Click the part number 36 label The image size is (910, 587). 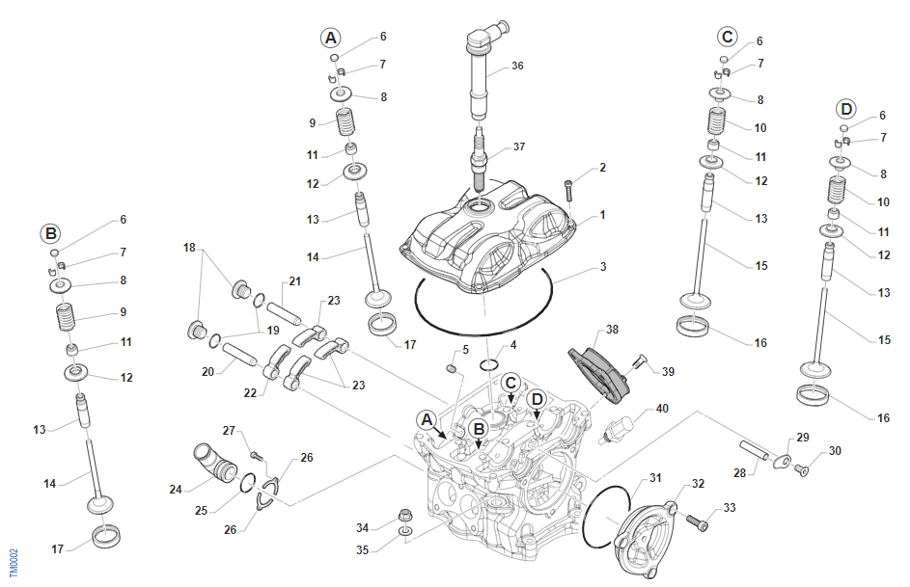pyautogui.click(x=518, y=67)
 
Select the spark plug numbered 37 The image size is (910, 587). pyautogui.click(x=478, y=154)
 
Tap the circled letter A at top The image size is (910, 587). pyautogui.click(x=331, y=38)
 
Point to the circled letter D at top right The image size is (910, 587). pyautogui.click(x=846, y=108)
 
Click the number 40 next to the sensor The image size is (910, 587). pyautogui.click(x=662, y=409)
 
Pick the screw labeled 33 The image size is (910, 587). pyautogui.click(x=698, y=523)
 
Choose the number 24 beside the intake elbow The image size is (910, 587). pyautogui.click(x=176, y=490)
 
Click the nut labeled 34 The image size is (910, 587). pyautogui.click(x=405, y=514)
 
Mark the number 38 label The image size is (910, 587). pyautogui.click(x=612, y=329)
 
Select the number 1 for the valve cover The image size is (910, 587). pyautogui.click(x=602, y=215)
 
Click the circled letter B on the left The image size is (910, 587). pyautogui.click(x=50, y=233)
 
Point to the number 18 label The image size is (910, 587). pyautogui.click(x=190, y=248)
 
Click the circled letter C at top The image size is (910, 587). pyautogui.click(x=728, y=37)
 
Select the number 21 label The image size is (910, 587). pyautogui.click(x=294, y=281)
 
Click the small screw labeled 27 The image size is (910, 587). pyautogui.click(x=257, y=455)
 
